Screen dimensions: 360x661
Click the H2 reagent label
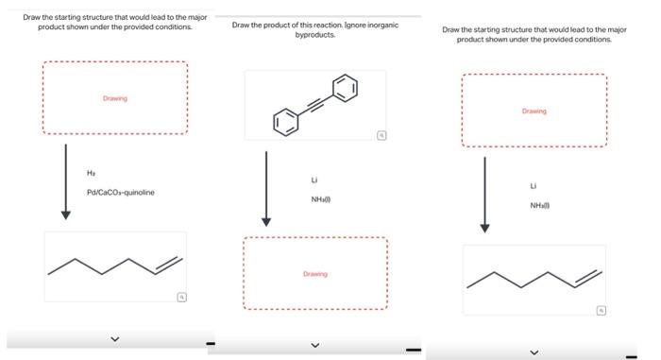point(91,173)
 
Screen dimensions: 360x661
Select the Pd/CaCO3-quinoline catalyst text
point(120,192)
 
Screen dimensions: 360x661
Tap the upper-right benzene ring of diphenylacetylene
point(346,89)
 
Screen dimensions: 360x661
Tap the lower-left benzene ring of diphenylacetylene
point(285,122)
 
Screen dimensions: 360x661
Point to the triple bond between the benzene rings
point(315,105)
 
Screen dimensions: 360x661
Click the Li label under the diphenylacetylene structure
point(314,180)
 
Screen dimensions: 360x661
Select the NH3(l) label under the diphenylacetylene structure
point(319,198)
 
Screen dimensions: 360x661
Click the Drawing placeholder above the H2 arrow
point(114,98)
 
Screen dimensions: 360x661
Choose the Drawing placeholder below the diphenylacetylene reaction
point(314,274)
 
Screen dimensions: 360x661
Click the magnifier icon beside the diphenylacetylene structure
point(380,136)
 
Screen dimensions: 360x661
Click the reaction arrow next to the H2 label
point(65,180)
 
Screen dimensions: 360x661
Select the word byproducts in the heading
point(315,35)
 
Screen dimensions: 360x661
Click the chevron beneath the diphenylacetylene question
point(315,345)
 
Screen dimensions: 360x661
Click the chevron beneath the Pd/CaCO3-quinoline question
point(115,338)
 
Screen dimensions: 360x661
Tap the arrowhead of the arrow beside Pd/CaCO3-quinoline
point(65,214)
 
